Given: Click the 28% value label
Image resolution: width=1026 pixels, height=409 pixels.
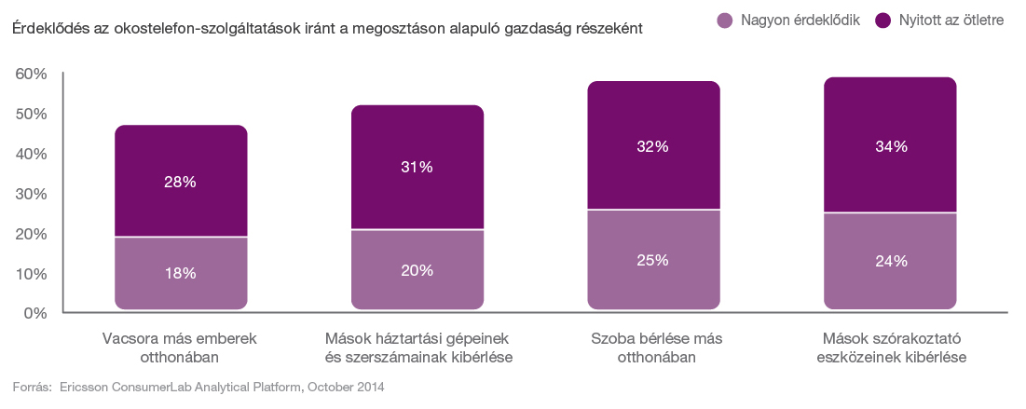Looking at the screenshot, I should pyautogui.click(x=181, y=183).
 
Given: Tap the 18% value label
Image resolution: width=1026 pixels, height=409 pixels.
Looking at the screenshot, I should pyautogui.click(x=181, y=273).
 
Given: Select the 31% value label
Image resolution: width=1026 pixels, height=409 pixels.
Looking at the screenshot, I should pyautogui.click(x=417, y=167).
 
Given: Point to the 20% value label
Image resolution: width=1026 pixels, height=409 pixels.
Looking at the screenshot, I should pyautogui.click(x=417, y=270).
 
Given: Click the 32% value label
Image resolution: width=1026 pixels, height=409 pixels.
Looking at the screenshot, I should pyautogui.click(x=653, y=146).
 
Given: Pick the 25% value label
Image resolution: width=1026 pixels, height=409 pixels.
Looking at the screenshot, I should pyautogui.click(x=653, y=260).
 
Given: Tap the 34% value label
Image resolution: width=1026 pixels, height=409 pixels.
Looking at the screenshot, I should pyautogui.click(x=890, y=146).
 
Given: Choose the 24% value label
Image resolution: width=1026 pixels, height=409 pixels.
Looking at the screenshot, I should pyautogui.click(x=890, y=262).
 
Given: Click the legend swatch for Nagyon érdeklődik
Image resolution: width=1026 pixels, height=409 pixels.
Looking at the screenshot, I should pyautogui.click(x=722, y=20).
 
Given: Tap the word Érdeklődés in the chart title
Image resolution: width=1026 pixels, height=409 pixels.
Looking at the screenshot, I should pyautogui.click(x=50, y=29).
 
